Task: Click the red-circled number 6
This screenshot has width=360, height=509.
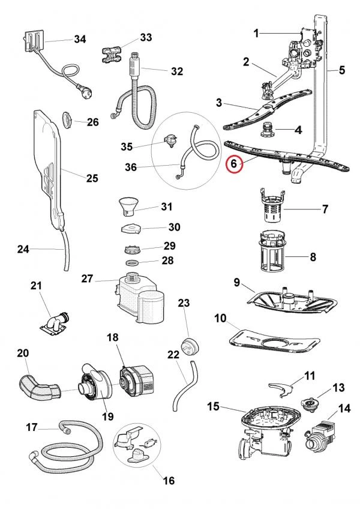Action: [x=235, y=163]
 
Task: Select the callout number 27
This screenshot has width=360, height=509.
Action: [x=88, y=279]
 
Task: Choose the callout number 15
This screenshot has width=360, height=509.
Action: [x=213, y=408]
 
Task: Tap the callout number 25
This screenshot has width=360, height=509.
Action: [x=91, y=178]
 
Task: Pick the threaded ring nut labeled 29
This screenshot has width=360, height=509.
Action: [x=131, y=248]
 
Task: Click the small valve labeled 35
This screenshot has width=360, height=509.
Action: [x=172, y=140]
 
